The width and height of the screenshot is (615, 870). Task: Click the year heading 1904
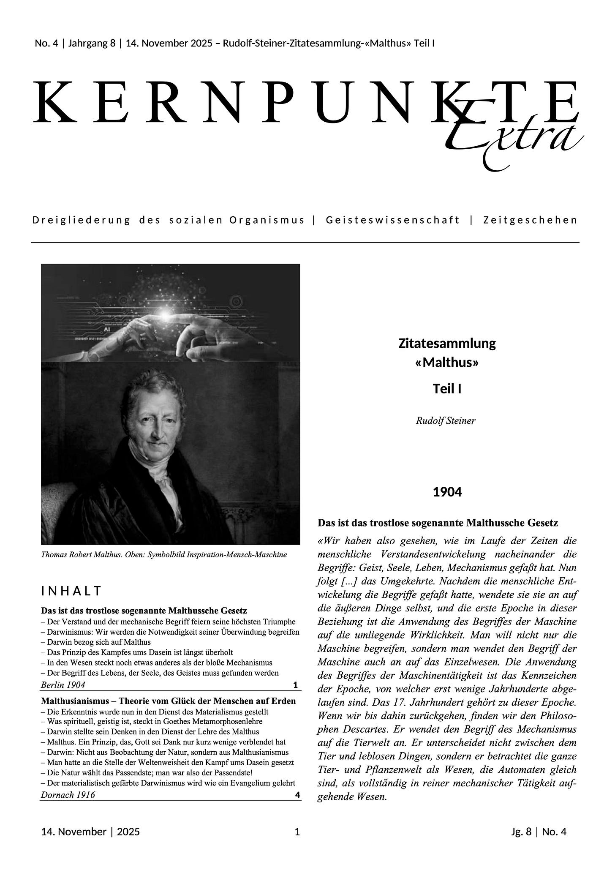[x=447, y=492]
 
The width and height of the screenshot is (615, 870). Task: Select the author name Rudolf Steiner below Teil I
[x=446, y=421]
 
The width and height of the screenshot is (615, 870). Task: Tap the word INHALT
[x=71, y=591]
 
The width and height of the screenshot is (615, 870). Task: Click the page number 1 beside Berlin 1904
[x=296, y=685]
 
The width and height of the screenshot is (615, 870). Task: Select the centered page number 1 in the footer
[x=297, y=832]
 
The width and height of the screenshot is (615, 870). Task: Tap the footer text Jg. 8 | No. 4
[x=539, y=832]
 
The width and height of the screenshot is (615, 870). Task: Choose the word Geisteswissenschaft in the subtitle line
[x=392, y=220]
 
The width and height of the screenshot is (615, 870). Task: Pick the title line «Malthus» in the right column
[x=447, y=363]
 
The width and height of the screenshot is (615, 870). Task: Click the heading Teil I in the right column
[x=447, y=389]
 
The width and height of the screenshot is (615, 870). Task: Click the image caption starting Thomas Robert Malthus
[x=163, y=555]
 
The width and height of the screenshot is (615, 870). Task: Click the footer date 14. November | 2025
[x=90, y=832]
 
